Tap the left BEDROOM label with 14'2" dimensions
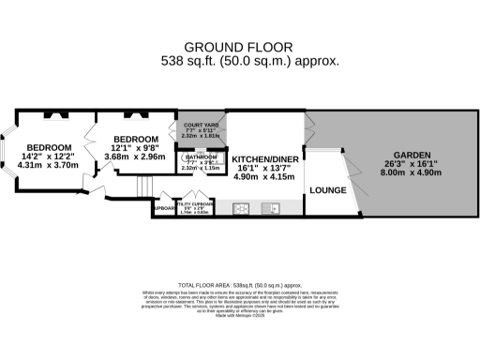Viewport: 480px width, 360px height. coord(49,148)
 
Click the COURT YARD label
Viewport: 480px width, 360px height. coord(201,124)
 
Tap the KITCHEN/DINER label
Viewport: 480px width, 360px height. coord(266,159)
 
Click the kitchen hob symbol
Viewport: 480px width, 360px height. coord(240,208)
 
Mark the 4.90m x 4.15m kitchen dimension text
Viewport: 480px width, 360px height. coord(266,175)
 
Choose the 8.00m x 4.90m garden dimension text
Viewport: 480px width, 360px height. coord(411,172)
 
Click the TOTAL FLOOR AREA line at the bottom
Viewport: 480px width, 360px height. coord(239,284)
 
